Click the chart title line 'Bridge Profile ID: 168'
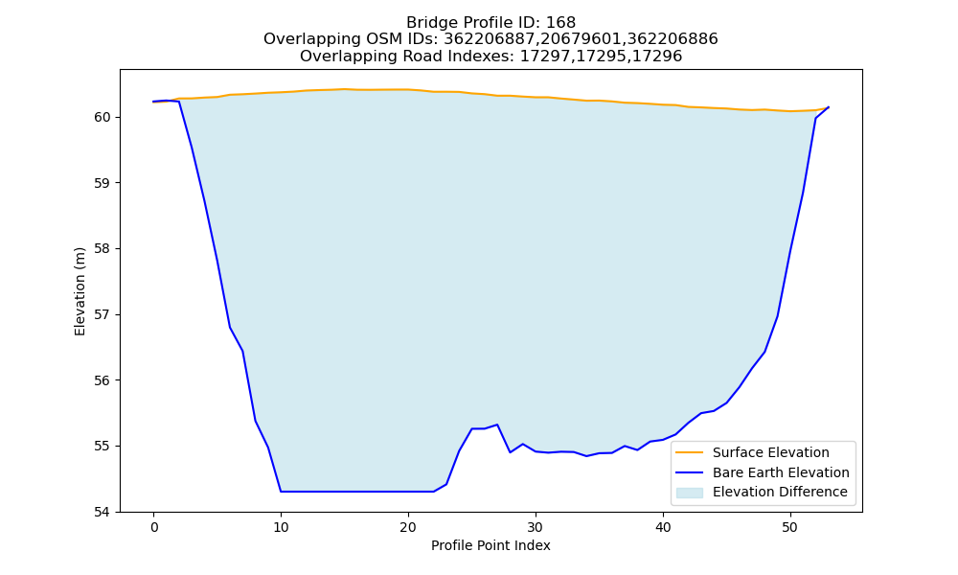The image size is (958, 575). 490,23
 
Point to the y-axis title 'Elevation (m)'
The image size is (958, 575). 80,291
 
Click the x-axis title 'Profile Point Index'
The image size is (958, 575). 490,545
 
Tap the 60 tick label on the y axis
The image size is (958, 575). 103,117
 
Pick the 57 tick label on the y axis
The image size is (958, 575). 103,314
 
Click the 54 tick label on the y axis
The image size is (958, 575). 103,512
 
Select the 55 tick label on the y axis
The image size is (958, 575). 103,446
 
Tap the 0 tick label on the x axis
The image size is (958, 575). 154,527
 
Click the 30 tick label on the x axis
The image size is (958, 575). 536,527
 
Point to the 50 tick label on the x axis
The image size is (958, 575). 790,527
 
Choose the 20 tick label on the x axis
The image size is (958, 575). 408,527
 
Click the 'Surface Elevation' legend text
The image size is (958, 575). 771,452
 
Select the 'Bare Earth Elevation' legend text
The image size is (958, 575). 781,472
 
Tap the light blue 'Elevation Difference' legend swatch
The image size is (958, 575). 689,493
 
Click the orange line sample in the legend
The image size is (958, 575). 689,452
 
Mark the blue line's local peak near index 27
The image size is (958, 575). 497,425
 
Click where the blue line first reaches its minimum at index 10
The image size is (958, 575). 281,492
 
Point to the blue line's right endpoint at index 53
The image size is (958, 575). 829,107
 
